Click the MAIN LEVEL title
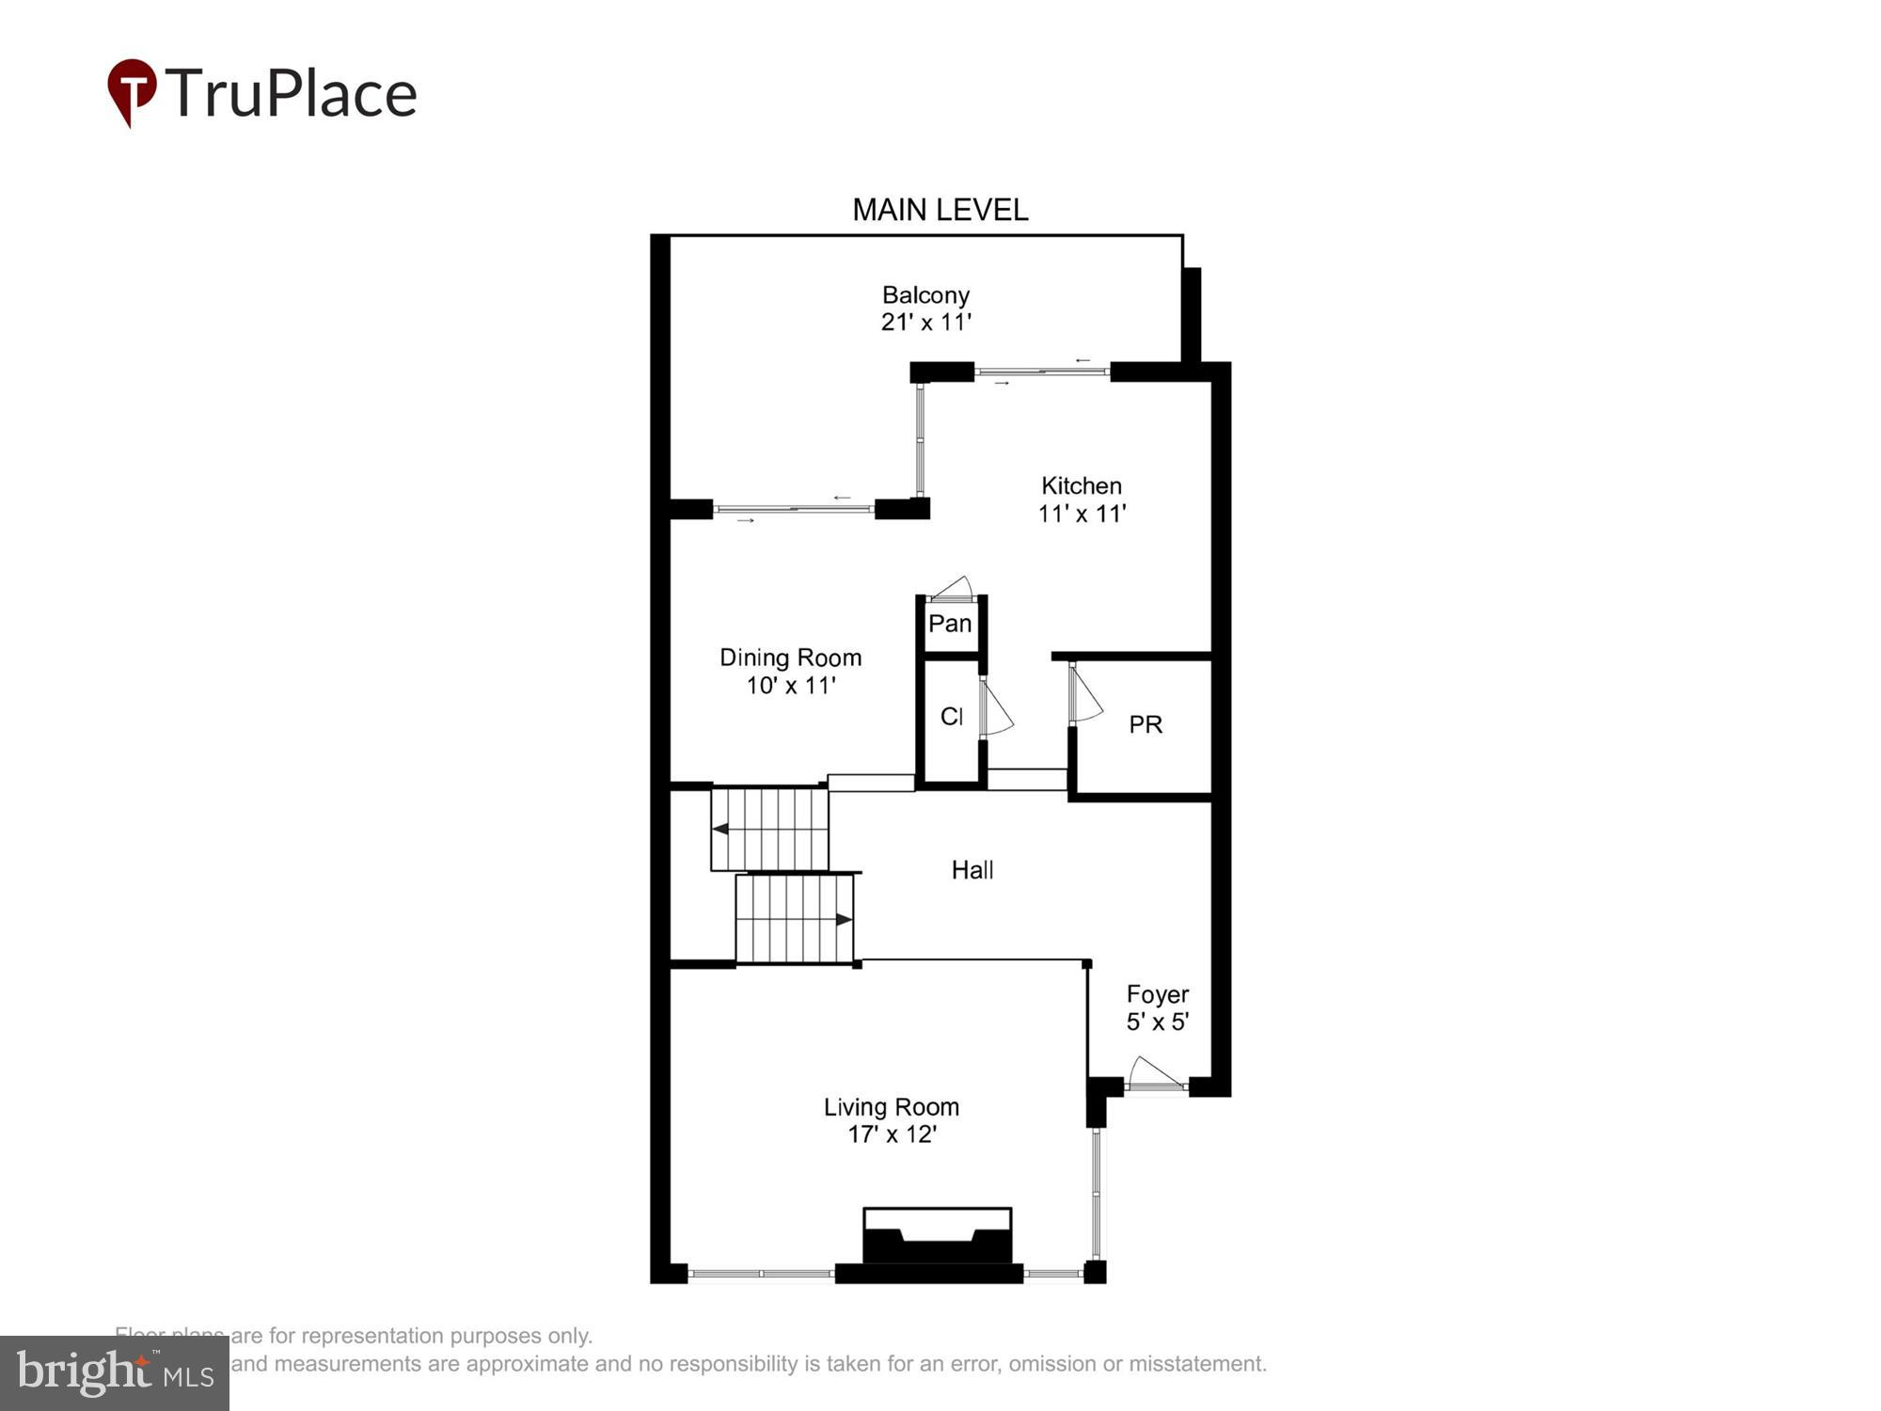click(940, 210)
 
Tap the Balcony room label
click(925, 295)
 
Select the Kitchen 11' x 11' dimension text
click(1082, 514)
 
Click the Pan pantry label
click(950, 623)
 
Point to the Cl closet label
click(951, 717)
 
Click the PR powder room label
click(1146, 724)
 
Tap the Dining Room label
click(790, 658)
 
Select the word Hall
click(972, 870)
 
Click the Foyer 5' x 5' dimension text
click(1158, 1022)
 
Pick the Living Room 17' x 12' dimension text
click(892, 1134)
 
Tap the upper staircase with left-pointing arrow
click(769, 829)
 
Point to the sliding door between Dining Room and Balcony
click(794, 509)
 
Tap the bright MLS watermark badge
click(115, 1373)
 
